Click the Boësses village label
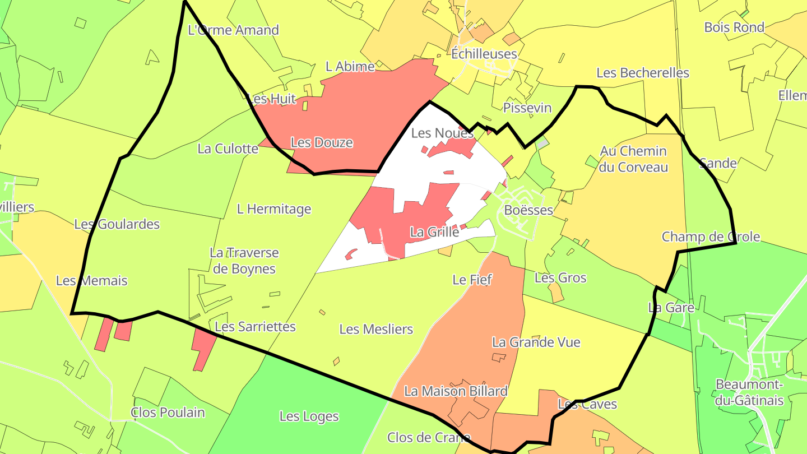tap(528, 210)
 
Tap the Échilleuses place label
tap(484, 54)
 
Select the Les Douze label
tap(322, 142)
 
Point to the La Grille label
tap(434, 231)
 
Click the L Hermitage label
tap(273, 209)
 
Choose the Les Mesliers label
tap(376, 329)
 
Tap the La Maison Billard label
tap(456, 391)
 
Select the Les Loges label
tap(309, 416)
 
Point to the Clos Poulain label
tap(168, 413)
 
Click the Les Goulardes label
tap(117, 224)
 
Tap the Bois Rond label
tap(734, 27)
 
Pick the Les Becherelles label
tap(642, 72)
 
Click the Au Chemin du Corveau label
tap(633, 159)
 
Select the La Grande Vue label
tap(536, 342)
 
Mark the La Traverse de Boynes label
tap(244, 261)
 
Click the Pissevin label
tap(527, 108)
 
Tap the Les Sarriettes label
tap(255, 326)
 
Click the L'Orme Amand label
tap(233, 30)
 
